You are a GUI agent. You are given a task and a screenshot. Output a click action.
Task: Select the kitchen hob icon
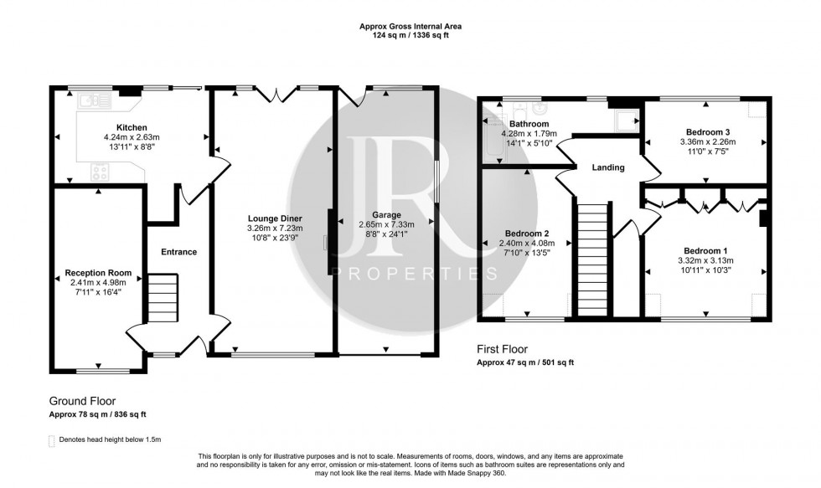pos(101,172)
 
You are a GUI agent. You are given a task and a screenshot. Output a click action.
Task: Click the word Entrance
pos(179,252)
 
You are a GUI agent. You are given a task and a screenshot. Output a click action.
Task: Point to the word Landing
pos(608,167)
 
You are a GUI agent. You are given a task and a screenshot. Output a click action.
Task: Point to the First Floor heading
pos(503,349)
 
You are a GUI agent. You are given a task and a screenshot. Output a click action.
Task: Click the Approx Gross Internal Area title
pos(410,26)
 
